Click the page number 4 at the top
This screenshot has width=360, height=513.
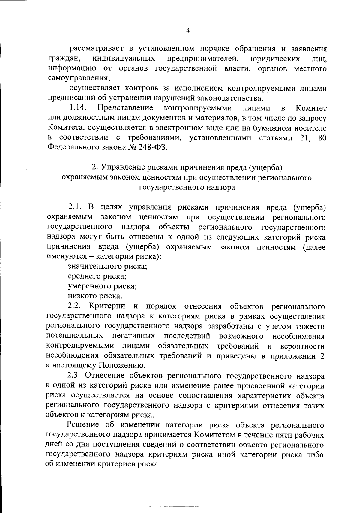(188, 30)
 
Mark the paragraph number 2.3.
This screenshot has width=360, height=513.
(75, 376)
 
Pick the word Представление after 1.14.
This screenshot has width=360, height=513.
(125, 108)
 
